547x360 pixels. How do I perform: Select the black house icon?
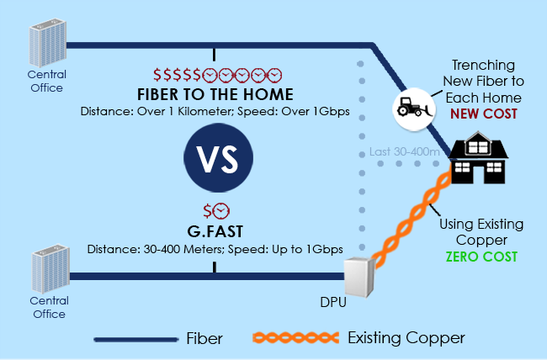[x=475, y=160]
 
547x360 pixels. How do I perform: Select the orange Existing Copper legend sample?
[x=295, y=339]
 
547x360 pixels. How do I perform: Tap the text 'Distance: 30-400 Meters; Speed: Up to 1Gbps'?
[x=215, y=250]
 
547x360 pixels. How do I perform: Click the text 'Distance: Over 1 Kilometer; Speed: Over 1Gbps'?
[x=215, y=111]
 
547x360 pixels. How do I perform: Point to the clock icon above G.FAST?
[x=221, y=210]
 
